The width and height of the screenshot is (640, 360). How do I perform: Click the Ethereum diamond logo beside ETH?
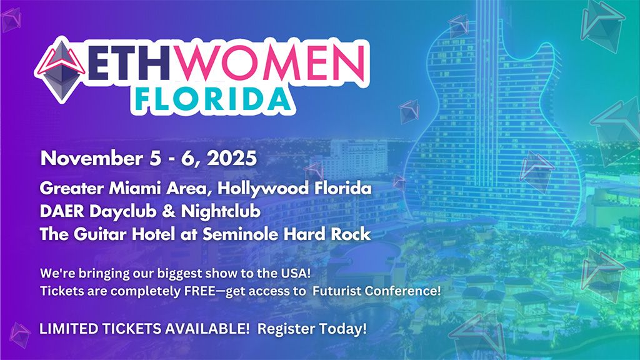[x=61, y=70]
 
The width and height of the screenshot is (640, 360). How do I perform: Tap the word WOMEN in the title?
[x=270, y=64]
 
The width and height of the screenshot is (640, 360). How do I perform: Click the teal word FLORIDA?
[x=212, y=100]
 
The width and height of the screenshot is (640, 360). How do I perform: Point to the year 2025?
[x=232, y=158]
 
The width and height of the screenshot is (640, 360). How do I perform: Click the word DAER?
[x=62, y=211]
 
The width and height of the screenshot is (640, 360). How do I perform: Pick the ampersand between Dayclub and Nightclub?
[x=169, y=212]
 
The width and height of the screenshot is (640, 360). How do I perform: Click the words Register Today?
[x=312, y=329]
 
